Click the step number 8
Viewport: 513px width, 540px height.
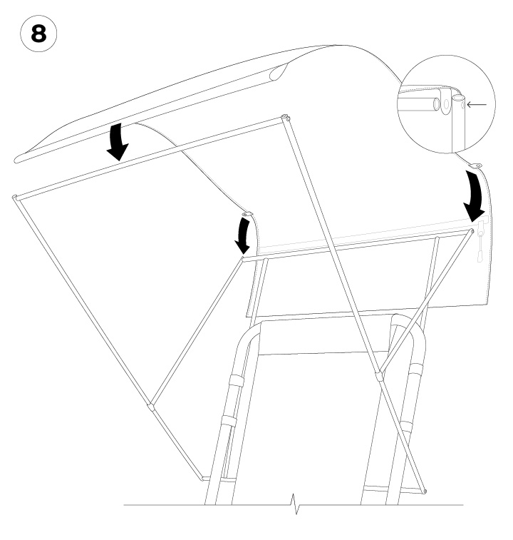click(38, 34)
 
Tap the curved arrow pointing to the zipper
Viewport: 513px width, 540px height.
click(475, 195)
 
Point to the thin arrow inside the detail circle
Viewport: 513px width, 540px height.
click(477, 104)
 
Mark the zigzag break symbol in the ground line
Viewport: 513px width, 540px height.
click(295, 504)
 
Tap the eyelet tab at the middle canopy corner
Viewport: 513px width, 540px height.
click(247, 215)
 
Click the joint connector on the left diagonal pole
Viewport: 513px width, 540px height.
click(150, 407)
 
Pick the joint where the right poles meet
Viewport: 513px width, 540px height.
click(380, 375)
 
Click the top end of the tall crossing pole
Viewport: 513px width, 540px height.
click(285, 118)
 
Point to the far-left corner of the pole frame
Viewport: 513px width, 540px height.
click(15, 198)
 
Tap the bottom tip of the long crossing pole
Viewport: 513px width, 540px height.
click(425, 491)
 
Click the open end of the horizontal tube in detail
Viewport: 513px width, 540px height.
click(437, 104)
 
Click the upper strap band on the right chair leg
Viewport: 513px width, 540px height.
click(418, 368)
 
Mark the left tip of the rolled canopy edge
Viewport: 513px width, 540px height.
click(16, 160)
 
